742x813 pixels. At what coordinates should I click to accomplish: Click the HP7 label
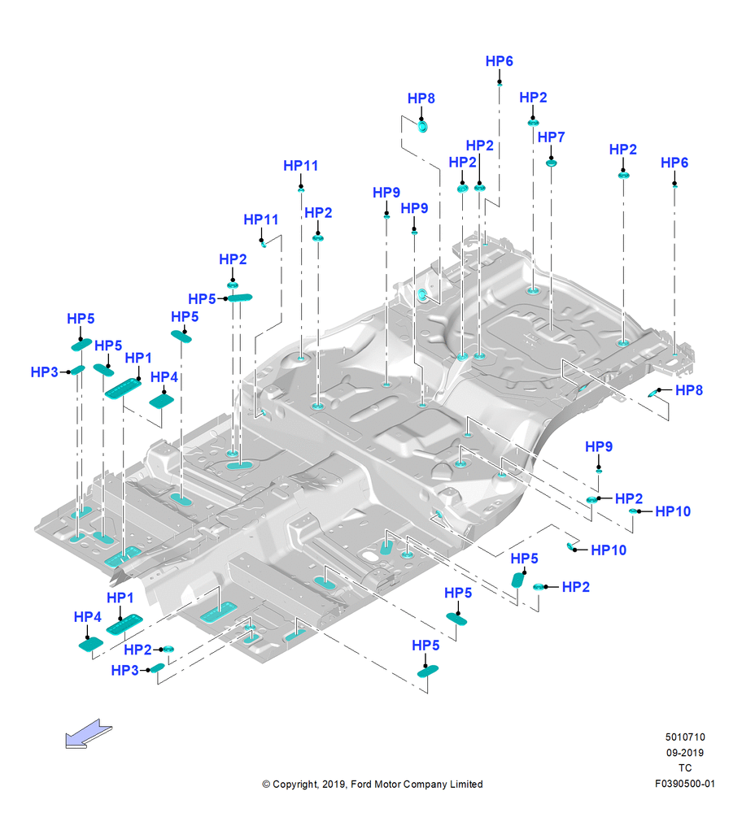551,137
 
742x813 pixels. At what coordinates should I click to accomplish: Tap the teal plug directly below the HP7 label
551,163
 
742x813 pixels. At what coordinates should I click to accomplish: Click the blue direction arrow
88,733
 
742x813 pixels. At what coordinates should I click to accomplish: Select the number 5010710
685,737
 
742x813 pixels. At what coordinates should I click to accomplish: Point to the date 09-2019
685,752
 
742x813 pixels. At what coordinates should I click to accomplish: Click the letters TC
685,768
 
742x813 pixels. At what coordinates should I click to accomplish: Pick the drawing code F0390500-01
685,784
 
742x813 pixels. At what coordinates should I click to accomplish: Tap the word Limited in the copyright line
466,784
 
